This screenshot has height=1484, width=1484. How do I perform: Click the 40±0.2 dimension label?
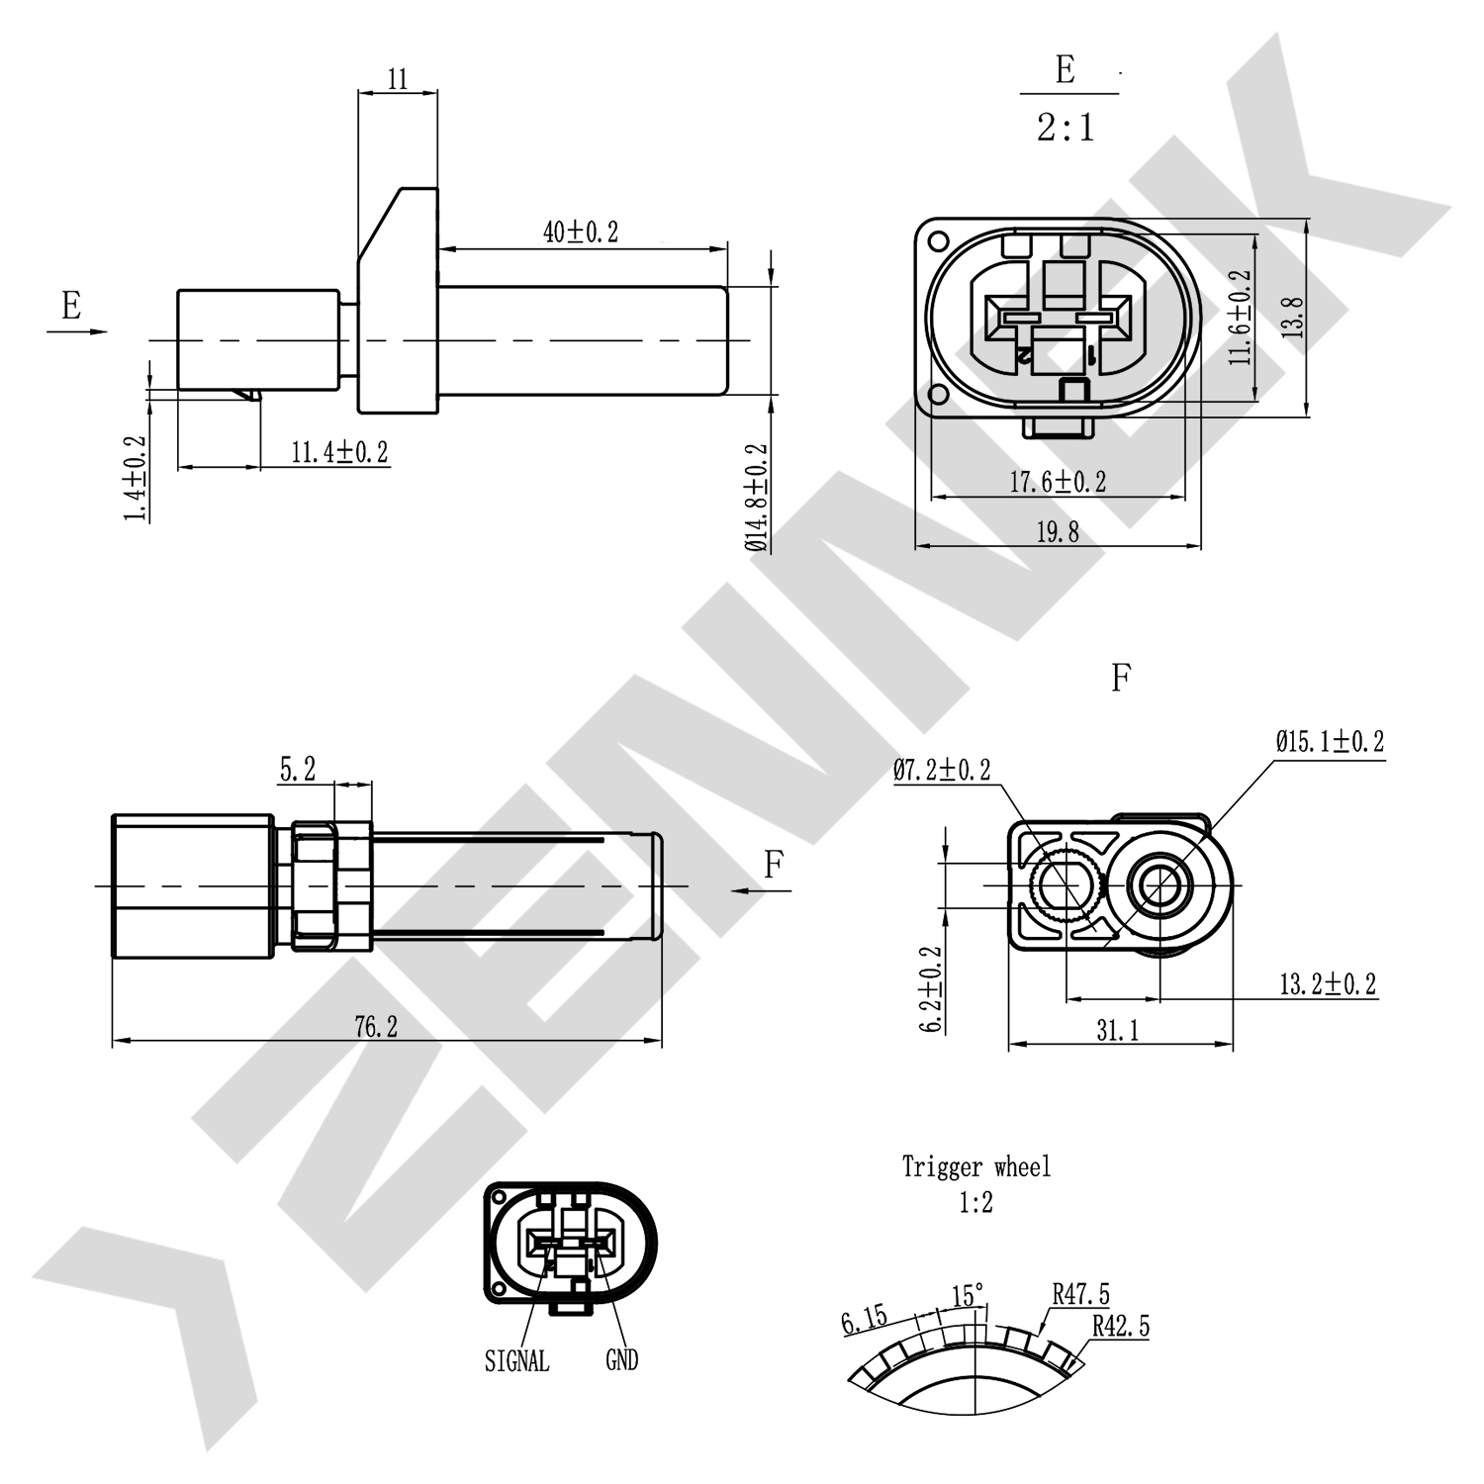pos(581,232)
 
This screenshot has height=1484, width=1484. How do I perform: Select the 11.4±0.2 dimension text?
pos(339,453)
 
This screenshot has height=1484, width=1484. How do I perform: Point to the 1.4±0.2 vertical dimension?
pos(135,479)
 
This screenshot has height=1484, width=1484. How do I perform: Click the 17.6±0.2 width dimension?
pos(1058,483)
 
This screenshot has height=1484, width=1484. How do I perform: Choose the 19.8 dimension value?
pos(1057,533)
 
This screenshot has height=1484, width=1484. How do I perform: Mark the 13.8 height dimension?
pos(1293,319)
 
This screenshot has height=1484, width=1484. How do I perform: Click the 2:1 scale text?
pos(1067,129)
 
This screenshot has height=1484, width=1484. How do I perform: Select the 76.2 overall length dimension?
pos(376,1028)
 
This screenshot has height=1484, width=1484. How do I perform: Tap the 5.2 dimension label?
pos(298,770)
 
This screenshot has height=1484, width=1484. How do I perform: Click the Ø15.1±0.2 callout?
pos(1330,742)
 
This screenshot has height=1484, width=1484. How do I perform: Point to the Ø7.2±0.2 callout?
pos(942,771)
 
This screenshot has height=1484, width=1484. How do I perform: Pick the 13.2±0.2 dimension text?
pos(1328,984)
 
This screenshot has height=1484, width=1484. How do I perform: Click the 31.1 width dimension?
pos(1117,1031)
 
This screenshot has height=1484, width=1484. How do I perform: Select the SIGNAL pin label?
pos(516,1361)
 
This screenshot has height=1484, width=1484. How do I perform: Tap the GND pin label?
pos(621,1361)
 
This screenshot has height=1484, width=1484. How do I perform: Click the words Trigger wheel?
pos(975,1167)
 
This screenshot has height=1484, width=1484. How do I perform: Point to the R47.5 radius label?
pos(1080,1294)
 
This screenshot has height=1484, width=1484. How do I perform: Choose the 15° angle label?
pos(968,1295)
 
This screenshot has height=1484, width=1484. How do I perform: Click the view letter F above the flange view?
pos(1120,679)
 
